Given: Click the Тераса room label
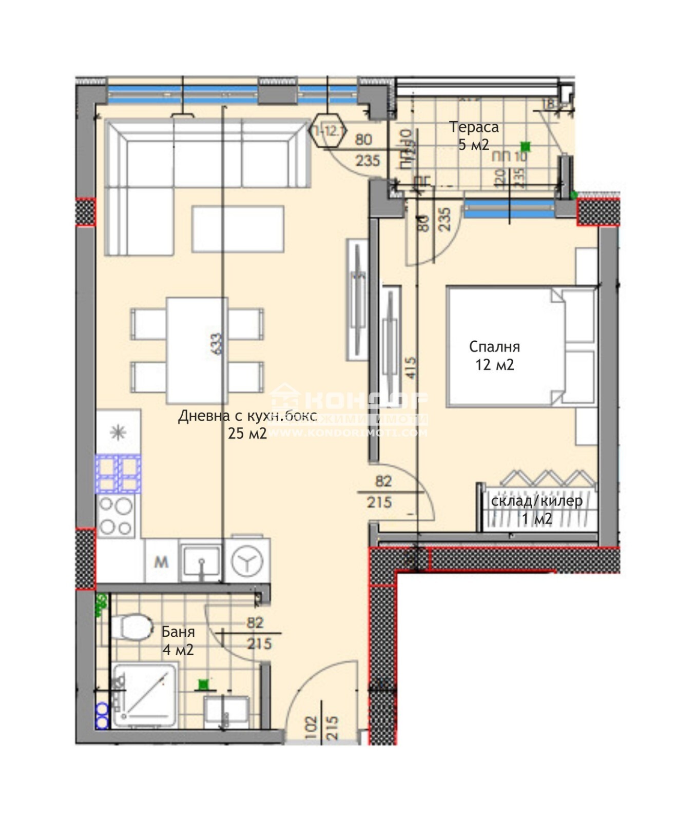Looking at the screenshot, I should coord(474,127).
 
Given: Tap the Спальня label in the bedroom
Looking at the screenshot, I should coord(494,347).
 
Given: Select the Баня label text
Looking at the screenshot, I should coord(178,632).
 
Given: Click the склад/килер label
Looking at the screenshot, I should coord(536,501).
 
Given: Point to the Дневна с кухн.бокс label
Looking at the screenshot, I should coord(247,416).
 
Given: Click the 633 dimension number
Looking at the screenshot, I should coord(216,344).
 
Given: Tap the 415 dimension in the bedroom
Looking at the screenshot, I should coord(411,368).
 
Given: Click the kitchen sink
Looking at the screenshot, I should coord(202,560).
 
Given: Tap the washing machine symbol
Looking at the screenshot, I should coord(247,562).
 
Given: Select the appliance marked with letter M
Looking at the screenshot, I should coord(162,561).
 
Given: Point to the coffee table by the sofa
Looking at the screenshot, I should coord(238,229).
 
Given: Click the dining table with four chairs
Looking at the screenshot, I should coord(197,351).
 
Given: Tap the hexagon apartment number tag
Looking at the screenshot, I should coord(328,130).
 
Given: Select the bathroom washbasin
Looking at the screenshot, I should coord(226,711).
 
